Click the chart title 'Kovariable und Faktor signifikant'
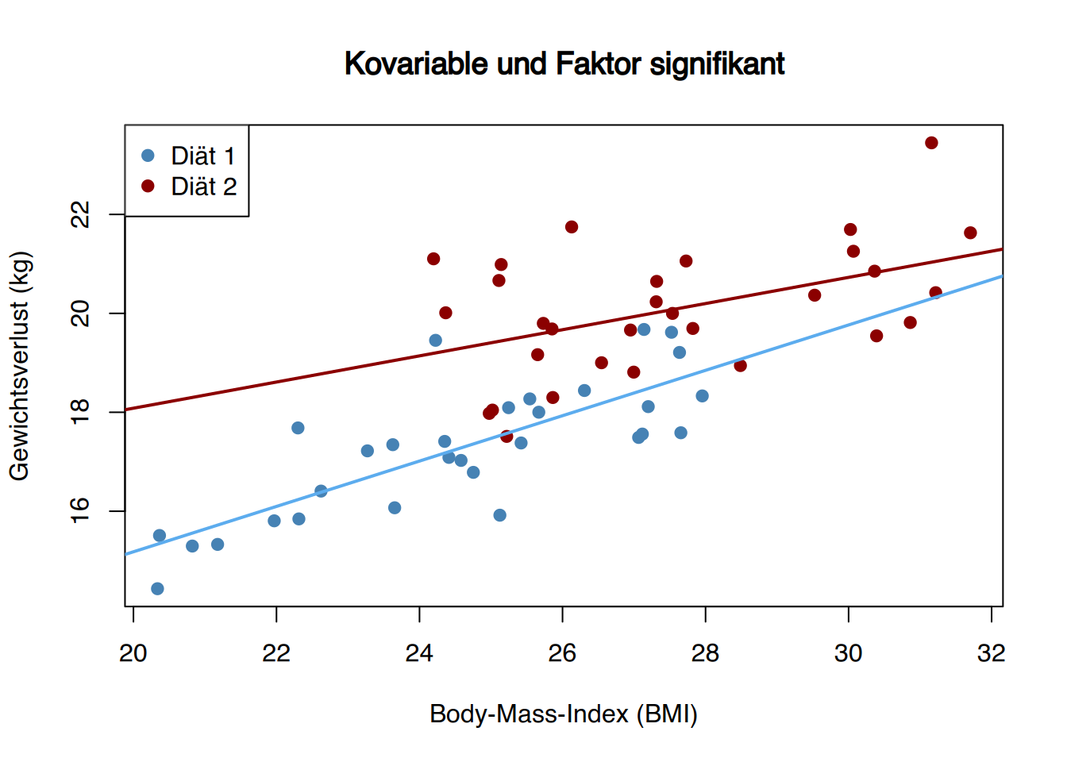[x=564, y=63]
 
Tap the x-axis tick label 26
[x=562, y=653]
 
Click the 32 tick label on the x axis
[x=992, y=653]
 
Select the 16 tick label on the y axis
[x=80, y=511]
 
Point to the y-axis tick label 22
[x=80, y=214]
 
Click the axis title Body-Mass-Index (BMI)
[x=564, y=714]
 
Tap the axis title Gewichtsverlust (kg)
[x=20, y=366]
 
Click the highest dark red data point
[x=932, y=143]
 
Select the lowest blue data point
[x=158, y=589]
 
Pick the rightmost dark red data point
[x=970, y=233]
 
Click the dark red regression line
[x=564, y=329]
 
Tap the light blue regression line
[x=564, y=415]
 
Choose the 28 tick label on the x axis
[x=705, y=653]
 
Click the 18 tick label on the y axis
[x=80, y=412]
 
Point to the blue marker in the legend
[x=148, y=156]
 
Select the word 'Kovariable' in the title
[x=416, y=63]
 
